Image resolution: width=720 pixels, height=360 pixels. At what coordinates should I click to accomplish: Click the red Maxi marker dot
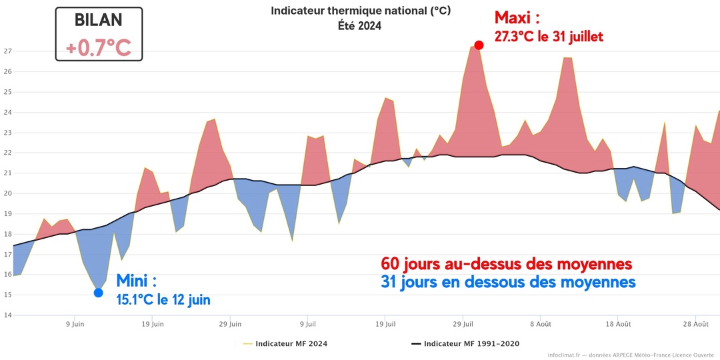coord(479,45)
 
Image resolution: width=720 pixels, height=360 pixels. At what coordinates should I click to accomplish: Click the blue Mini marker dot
coord(98,293)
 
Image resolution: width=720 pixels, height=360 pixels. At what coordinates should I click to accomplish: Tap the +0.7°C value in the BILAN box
coord(98,48)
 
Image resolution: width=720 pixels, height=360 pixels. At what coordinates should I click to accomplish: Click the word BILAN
coord(99,21)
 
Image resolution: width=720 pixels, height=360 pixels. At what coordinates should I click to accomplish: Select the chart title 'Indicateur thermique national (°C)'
coord(360,11)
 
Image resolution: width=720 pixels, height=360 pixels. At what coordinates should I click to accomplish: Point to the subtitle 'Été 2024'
coord(360,25)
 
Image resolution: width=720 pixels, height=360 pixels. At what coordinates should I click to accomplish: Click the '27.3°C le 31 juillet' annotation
coord(548,37)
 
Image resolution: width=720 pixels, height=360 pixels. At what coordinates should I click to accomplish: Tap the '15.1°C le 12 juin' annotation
coord(163,300)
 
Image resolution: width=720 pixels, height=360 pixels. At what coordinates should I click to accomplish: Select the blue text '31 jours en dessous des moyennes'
coord(508,282)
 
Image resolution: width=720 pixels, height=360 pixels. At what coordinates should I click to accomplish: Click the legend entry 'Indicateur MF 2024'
coord(291,344)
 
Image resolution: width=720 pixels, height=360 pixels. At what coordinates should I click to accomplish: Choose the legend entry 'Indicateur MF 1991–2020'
coord(471,344)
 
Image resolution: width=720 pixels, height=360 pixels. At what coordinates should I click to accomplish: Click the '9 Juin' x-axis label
coord(74,325)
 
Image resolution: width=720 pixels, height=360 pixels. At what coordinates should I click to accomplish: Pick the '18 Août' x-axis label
coord(618,325)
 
